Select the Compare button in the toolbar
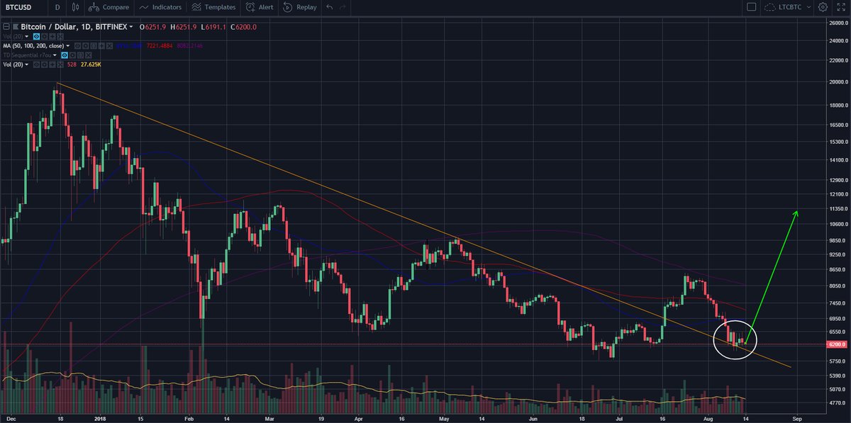109,7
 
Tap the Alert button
260,7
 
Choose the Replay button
301,7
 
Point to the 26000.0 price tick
835,23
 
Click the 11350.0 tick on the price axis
835,209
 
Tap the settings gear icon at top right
822,7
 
